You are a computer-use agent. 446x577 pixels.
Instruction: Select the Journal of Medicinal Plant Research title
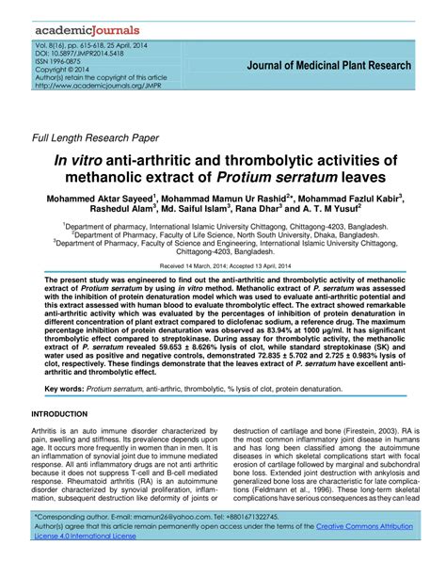(x=328, y=66)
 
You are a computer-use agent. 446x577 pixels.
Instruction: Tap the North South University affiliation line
(x=222, y=235)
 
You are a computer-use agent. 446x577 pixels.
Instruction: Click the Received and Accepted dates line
(x=222, y=266)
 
